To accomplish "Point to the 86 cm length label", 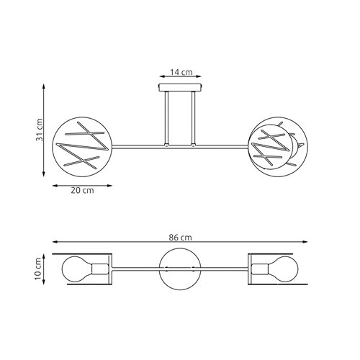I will point(181,238).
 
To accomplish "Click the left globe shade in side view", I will point(82,145).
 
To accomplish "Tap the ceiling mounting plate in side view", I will point(179,88).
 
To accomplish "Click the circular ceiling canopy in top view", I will point(179,269).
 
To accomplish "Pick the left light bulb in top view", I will point(76,269).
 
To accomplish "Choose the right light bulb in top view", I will point(284,269).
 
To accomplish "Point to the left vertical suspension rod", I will point(166,119).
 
